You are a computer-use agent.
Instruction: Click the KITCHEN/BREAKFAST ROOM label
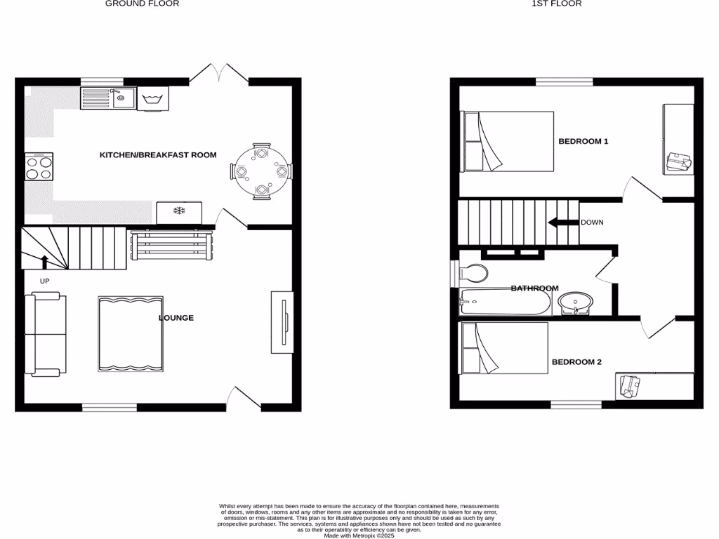[158, 155]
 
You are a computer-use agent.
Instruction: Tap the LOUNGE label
[176, 318]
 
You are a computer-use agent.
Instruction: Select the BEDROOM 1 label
[583, 142]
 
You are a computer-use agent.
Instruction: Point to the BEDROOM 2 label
[576, 362]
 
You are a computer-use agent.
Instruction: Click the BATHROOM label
[534, 288]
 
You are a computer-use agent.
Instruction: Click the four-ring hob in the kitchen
[39, 167]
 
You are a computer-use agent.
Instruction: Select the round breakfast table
[261, 171]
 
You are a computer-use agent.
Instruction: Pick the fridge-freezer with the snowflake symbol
[179, 211]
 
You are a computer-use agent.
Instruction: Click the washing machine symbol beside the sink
[154, 98]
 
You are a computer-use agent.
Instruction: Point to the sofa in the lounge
[45, 335]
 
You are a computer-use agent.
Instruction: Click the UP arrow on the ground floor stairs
[45, 262]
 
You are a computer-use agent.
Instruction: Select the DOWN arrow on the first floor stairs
[562, 223]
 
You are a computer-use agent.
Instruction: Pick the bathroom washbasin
[576, 303]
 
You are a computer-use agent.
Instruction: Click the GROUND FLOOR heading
[142, 4]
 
